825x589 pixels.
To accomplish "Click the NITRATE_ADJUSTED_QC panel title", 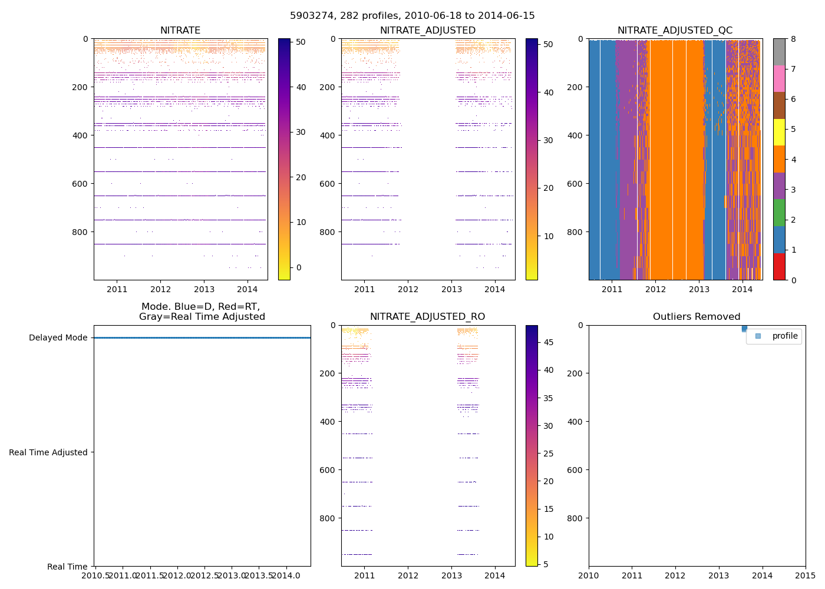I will [x=675, y=31].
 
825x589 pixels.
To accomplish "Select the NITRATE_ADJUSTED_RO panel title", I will [x=427, y=317].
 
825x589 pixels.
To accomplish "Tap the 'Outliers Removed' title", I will [x=697, y=317].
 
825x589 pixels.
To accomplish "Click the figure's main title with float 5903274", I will [x=412, y=16].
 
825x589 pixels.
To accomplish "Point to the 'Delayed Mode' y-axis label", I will [x=58, y=338].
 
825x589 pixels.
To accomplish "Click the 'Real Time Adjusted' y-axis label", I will [x=48, y=452].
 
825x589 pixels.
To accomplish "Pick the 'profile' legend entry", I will [x=784, y=336].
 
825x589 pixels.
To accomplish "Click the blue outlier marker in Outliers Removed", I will [x=744, y=328].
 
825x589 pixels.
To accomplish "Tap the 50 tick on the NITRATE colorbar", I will [x=301, y=42].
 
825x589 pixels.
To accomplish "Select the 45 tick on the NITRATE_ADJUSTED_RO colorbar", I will [x=548, y=342].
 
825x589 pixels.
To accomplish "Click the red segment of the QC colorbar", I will [x=779, y=266].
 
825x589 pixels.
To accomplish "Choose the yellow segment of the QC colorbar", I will [x=779, y=132].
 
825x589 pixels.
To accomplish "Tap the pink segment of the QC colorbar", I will [x=779, y=78].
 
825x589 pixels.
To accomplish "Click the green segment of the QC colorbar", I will [x=779, y=213].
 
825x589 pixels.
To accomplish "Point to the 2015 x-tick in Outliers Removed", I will [x=806, y=575].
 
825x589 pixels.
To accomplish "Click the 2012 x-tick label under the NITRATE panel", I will [x=160, y=289].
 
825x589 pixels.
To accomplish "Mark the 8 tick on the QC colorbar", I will [x=793, y=39].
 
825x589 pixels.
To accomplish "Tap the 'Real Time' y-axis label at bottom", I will [x=67, y=567].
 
